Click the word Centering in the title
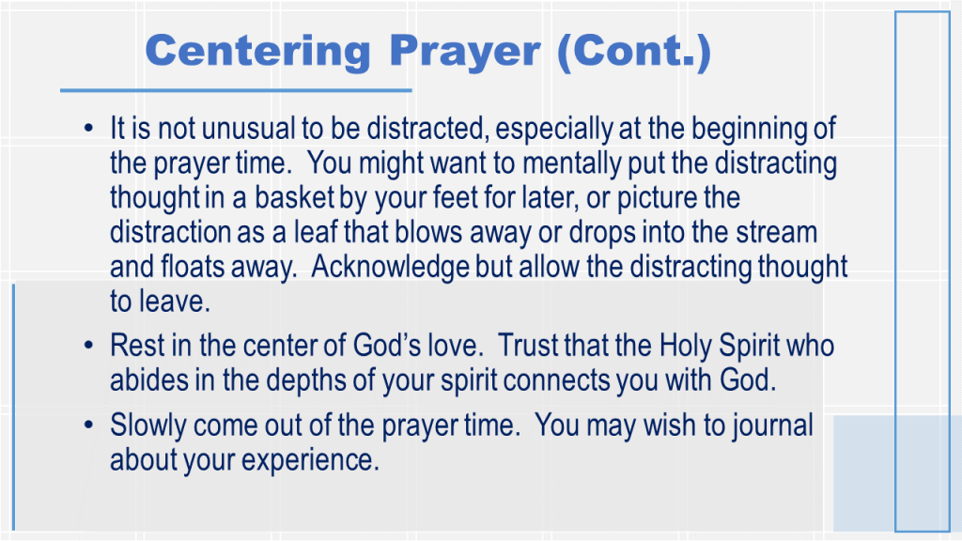[257, 52]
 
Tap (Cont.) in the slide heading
[634, 52]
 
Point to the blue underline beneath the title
[236, 91]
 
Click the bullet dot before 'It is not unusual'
[89, 129]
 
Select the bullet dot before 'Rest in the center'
[89, 346]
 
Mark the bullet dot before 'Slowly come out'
[89, 425]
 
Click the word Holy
[685, 346]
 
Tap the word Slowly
[147, 425]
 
